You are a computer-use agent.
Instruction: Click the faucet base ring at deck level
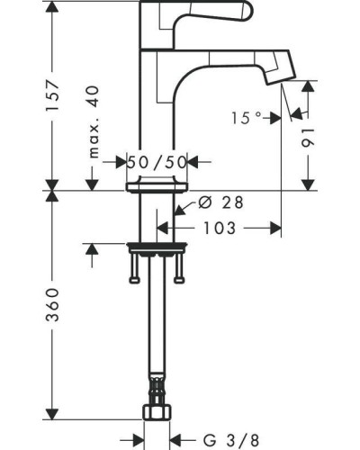click(x=160, y=185)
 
